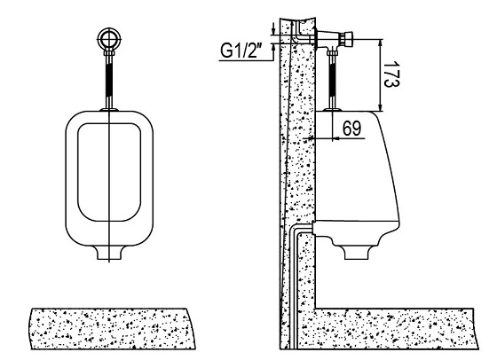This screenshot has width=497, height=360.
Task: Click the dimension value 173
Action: tap(391, 74)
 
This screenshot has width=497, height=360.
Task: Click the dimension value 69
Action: tap(351, 129)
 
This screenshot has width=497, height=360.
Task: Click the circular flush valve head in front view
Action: tap(109, 39)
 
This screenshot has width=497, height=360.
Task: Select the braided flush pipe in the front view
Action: tap(109, 81)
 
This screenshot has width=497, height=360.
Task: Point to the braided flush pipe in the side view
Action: tap(332, 79)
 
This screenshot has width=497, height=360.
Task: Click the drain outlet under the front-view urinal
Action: tap(109, 253)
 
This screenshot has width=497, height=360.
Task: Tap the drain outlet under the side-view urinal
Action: tap(357, 253)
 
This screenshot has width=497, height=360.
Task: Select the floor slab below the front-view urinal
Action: tap(114, 329)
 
